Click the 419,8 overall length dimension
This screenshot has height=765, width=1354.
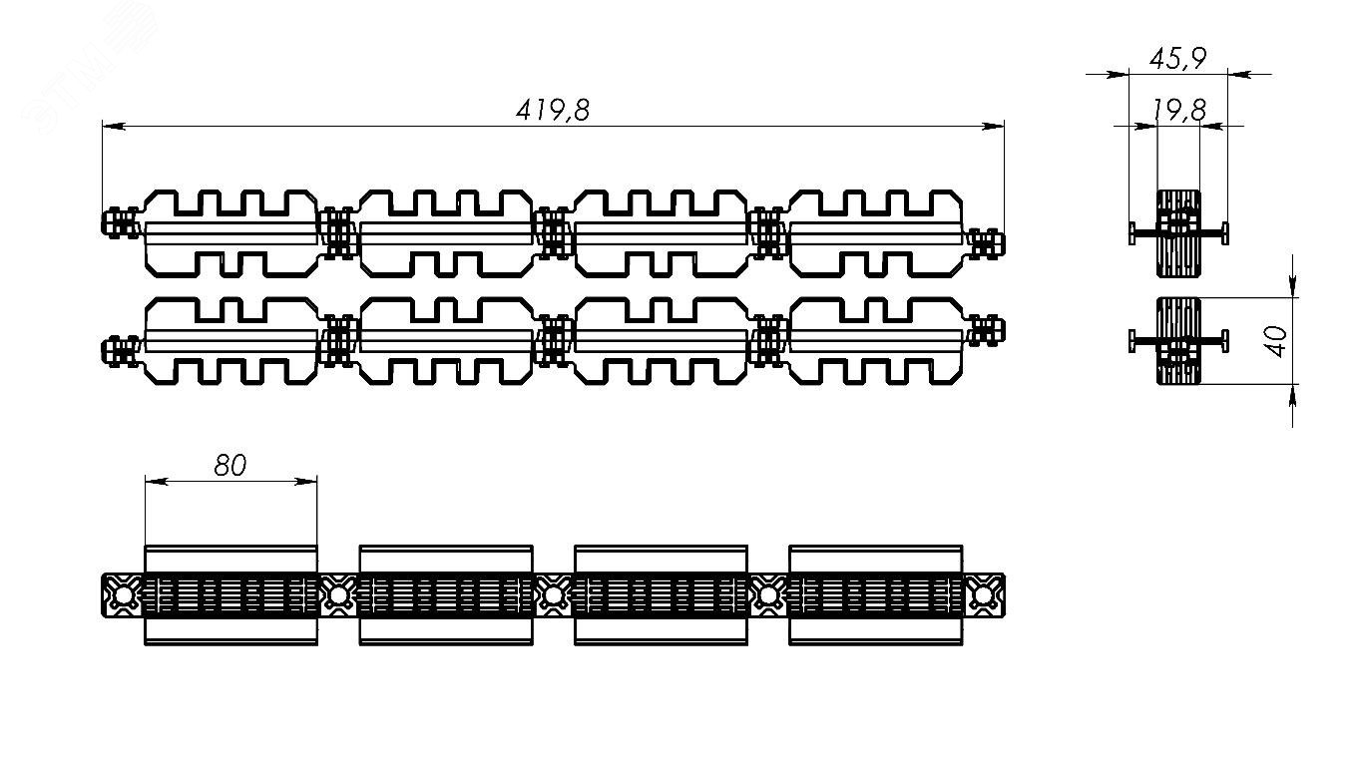pyautogui.click(x=553, y=110)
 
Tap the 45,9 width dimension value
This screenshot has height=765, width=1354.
pyautogui.click(x=1178, y=59)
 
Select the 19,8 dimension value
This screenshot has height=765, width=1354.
pyautogui.click(x=1178, y=111)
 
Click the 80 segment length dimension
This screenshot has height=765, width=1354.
pyautogui.click(x=229, y=466)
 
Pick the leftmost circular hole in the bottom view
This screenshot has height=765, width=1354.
pyautogui.click(x=123, y=595)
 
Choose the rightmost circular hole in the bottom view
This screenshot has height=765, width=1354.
pyautogui.click(x=984, y=595)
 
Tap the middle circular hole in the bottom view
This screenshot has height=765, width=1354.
pyautogui.click(x=553, y=595)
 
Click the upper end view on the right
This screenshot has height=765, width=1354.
pyautogui.click(x=1178, y=232)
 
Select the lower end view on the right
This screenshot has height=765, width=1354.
pyautogui.click(x=1178, y=340)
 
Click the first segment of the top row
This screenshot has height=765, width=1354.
pyautogui.click(x=230, y=232)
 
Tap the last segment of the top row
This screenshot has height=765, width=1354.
pyautogui.click(x=876, y=232)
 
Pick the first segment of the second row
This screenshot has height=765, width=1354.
pyautogui.click(x=230, y=340)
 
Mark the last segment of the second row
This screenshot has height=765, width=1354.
pyautogui.click(x=876, y=340)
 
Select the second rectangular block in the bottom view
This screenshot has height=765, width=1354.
pyautogui.click(x=445, y=594)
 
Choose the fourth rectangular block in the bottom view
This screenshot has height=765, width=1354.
pyautogui.click(x=875, y=594)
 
